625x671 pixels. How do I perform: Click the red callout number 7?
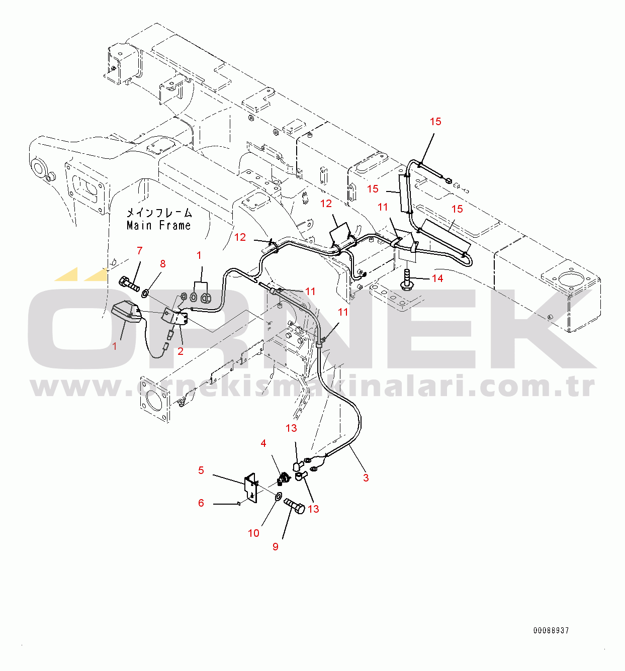[x=140, y=251]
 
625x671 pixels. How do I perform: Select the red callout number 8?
[x=162, y=264]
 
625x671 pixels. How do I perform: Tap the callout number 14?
[x=437, y=278]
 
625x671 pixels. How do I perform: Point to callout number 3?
[x=366, y=478]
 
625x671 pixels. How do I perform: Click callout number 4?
[x=263, y=443]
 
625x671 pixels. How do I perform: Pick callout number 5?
[x=201, y=470]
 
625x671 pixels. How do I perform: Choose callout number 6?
[x=201, y=503]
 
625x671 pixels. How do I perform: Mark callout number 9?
[x=276, y=547]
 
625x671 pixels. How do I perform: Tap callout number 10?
[x=253, y=533]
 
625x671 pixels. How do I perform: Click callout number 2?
[x=181, y=351]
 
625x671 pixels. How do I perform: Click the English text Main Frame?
[x=159, y=226]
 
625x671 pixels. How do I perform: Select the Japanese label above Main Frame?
[x=159, y=213]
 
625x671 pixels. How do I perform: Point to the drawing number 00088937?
[x=551, y=630]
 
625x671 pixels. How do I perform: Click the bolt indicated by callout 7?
[x=130, y=284]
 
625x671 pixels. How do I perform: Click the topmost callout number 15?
[x=435, y=122]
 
